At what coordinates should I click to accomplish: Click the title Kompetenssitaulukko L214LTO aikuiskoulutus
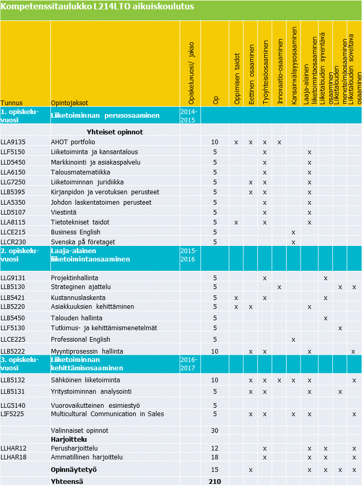pyautogui.click(x=98, y=7)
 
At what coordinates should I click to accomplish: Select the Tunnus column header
pyautogui.click(x=11, y=103)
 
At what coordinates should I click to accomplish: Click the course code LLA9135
pyautogui.click(x=13, y=142)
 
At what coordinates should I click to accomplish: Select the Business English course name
pyautogui.click(x=75, y=232)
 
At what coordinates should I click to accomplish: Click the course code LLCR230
pyautogui.click(x=13, y=242)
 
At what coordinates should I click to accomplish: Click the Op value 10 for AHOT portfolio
pyautogui.click(x=215, y=142)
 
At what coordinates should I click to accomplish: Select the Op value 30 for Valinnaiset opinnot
pyautogui.click(x=215, y=431)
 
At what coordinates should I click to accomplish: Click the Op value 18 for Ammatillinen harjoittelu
pyautogui.click(x=215, y=457)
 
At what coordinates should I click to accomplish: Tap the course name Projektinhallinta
pyautogui.click(x=74, y=278)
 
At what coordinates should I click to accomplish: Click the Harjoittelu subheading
pyautogui.click(x=69, y=440)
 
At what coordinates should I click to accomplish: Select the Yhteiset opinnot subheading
pyautogui.click(x=115, y=132)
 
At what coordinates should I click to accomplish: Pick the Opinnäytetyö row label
pyautogui.click(x=74, y=470)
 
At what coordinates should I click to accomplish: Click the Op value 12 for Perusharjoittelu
pyautogui.click(x=215, y=448)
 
